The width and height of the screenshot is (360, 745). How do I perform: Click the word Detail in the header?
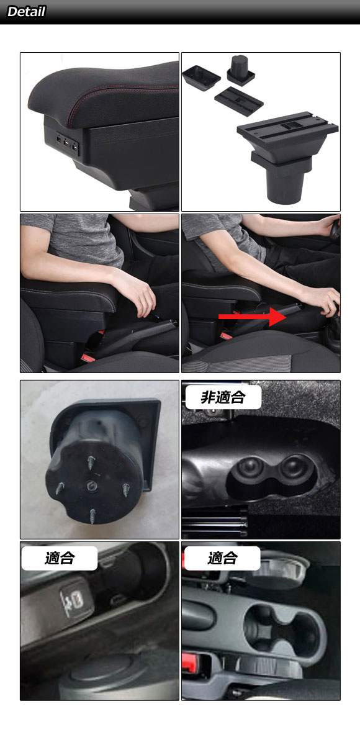26,12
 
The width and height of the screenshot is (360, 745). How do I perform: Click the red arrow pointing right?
253,317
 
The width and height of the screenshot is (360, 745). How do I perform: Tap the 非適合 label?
223,397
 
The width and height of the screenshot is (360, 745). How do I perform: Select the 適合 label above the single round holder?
60,558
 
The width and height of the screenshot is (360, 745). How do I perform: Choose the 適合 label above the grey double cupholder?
222,558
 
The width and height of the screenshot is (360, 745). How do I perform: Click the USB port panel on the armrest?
68,144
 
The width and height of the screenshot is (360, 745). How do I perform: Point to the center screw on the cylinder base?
91,487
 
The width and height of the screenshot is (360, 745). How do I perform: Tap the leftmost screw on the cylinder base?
60,487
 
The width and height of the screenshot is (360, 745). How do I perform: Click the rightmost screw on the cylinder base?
127,490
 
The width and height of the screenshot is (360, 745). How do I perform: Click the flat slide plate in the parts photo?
239,101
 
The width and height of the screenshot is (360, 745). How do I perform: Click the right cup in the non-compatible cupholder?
294,469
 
